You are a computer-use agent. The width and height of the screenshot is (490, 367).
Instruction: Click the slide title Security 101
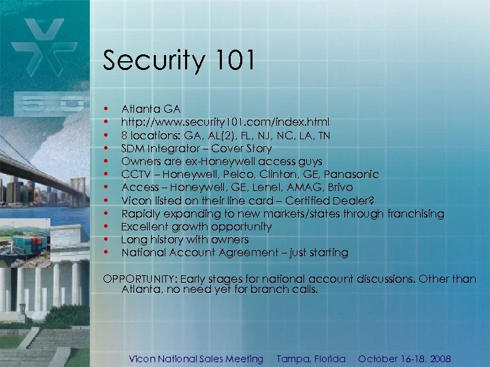pos(179,61)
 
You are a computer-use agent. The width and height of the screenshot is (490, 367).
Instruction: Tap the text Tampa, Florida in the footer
pos(311,359)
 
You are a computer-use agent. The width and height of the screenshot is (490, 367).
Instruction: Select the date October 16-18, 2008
pos(404,359)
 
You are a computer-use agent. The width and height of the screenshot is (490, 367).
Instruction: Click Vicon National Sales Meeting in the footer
pos(196,359)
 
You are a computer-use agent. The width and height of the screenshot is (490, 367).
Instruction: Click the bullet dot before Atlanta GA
pos(105,109)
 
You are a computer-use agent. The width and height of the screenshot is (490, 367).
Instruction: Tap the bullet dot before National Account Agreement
pos(105,253)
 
